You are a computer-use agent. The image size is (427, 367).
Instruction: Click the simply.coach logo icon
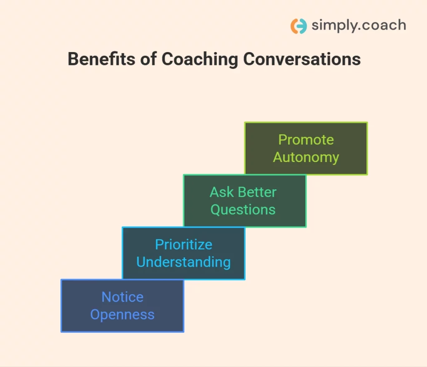(299, 26)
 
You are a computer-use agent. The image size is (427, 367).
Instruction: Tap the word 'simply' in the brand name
(332, 26)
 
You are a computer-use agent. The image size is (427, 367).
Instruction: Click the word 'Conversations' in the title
(302, 60)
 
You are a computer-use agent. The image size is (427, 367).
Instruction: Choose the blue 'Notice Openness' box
(122, 306)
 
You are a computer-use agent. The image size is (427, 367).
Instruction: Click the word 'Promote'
(306, 140)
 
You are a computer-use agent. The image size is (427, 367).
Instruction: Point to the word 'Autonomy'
(306, 157)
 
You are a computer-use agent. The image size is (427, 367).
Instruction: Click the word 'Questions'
(243, 210)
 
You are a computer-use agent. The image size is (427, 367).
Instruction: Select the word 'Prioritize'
(183, 245)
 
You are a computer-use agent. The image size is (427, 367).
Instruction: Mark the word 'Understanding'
(183, 262)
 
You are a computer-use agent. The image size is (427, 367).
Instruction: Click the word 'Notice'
(122, 297)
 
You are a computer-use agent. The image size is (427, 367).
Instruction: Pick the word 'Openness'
(122, 315)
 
